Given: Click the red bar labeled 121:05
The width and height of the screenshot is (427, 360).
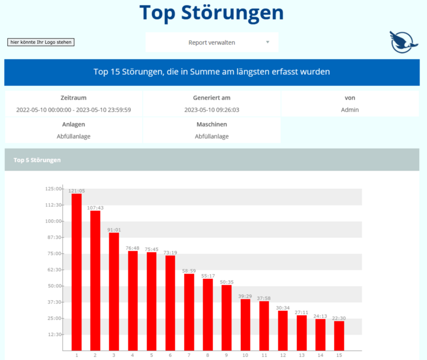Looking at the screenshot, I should tap(76, 272).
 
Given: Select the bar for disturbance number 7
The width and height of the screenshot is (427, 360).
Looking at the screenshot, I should tap(189, 312).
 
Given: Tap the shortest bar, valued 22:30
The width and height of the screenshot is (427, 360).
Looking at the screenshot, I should tap(339, 335).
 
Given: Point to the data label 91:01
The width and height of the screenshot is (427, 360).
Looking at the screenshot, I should tap(114, 230).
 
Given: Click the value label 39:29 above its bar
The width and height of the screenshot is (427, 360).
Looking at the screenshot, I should tap(245, 296).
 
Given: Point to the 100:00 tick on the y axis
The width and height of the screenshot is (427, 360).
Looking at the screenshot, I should tap(54, 221).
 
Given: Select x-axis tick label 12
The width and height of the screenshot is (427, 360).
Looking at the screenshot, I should tap(283, 355).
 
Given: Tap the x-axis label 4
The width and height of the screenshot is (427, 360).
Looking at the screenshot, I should tap(132, 355).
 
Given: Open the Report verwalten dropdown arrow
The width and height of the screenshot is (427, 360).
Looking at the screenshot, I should tap(268, 42).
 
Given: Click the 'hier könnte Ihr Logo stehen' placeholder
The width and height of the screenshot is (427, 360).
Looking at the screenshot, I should tap(41, 42).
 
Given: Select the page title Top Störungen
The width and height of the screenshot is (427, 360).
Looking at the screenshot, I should tap(211, 12).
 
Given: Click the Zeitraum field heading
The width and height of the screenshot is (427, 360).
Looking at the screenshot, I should tap(74, 98).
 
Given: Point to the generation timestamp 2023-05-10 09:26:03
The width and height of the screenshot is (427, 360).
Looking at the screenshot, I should tap(211, 110).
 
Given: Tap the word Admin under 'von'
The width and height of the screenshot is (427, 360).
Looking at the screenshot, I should tap(350, 110).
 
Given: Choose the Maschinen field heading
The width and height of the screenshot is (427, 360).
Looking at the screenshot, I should tap(211, 124).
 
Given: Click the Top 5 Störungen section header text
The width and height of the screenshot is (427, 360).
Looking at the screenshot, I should tap(37, 160).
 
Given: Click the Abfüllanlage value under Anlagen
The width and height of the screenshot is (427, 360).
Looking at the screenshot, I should tap(74, 136).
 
